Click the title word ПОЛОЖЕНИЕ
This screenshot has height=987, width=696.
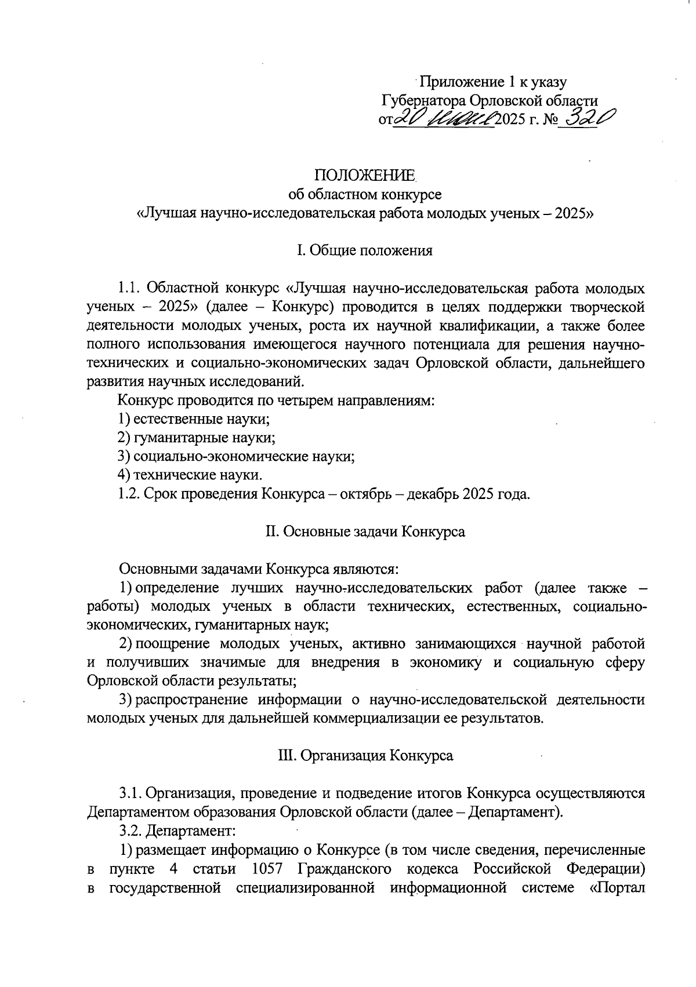pyautogui.click(x=365, y=175)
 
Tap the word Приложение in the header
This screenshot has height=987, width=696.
pyautogui.click(x=458, y=82)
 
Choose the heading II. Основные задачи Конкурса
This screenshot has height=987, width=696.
pyautogui.click(x=365, y=531)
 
